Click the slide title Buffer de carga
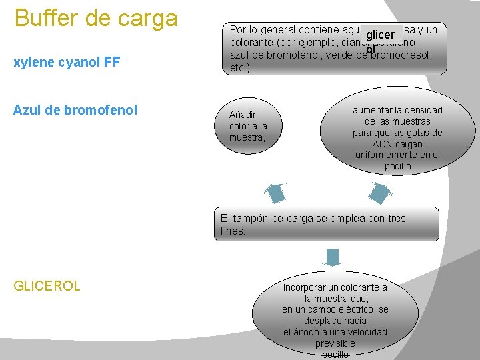[96, 18]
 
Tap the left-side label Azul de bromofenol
[75, 109]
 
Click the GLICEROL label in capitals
[47, 286]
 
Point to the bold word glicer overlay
[381, 35]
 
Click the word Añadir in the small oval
[243, 115]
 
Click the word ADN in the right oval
[383, 144]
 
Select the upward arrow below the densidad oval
[380, 192]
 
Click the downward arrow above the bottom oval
[331, 257]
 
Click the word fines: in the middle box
[233, 231]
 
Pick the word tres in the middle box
[395, 218]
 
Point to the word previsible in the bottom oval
[336, 344]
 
